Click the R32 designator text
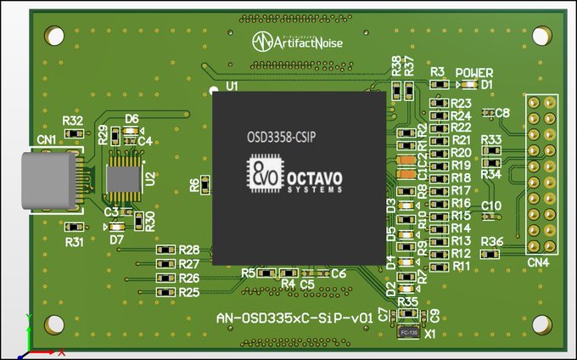[73, 121]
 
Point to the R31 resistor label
[75, 242]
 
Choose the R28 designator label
[189, 250]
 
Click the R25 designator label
[189, 292]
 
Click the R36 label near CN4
[492, 242]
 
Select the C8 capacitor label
[502, 113]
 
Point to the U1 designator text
[232, 86]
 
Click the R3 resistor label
[437, 73]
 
